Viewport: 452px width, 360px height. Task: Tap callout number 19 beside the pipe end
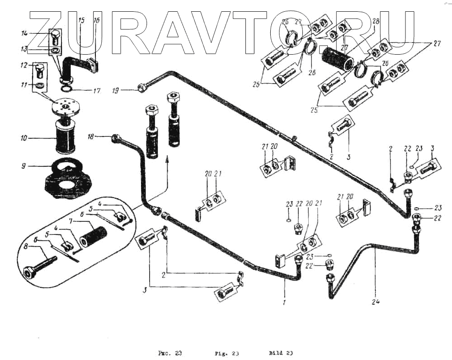(116, 90)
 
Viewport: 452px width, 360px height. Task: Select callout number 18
(91, 136)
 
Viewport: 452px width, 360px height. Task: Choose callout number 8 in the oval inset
(26, 247)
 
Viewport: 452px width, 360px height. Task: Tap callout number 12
(24, 65)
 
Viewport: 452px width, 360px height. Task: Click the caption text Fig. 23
(226, 353)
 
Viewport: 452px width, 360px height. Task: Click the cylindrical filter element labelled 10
(66, 134)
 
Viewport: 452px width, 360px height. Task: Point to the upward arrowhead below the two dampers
(168, 158)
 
